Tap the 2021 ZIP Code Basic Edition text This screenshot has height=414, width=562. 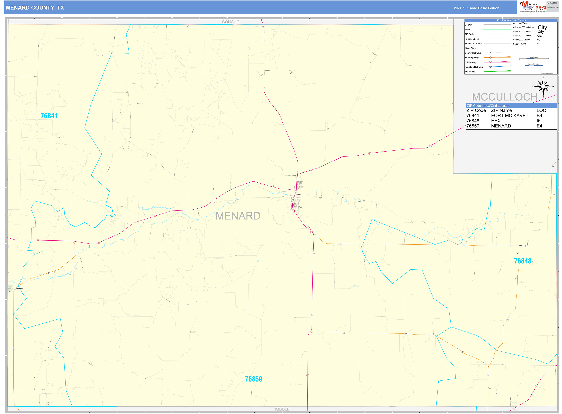pos(476,8)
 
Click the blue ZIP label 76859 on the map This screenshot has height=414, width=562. pos(253,379)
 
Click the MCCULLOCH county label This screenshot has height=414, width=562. pos(505,97)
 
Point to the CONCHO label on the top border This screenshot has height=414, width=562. pos(231,22)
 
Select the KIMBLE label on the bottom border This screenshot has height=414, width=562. pos(282,409)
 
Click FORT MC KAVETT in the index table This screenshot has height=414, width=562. pos(511,116)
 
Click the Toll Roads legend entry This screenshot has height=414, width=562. pos(470,72)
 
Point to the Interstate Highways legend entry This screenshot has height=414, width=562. pos(474,67)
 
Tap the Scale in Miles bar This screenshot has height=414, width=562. pos(534,59)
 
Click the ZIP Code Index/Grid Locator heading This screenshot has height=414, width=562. pos(488,106)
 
